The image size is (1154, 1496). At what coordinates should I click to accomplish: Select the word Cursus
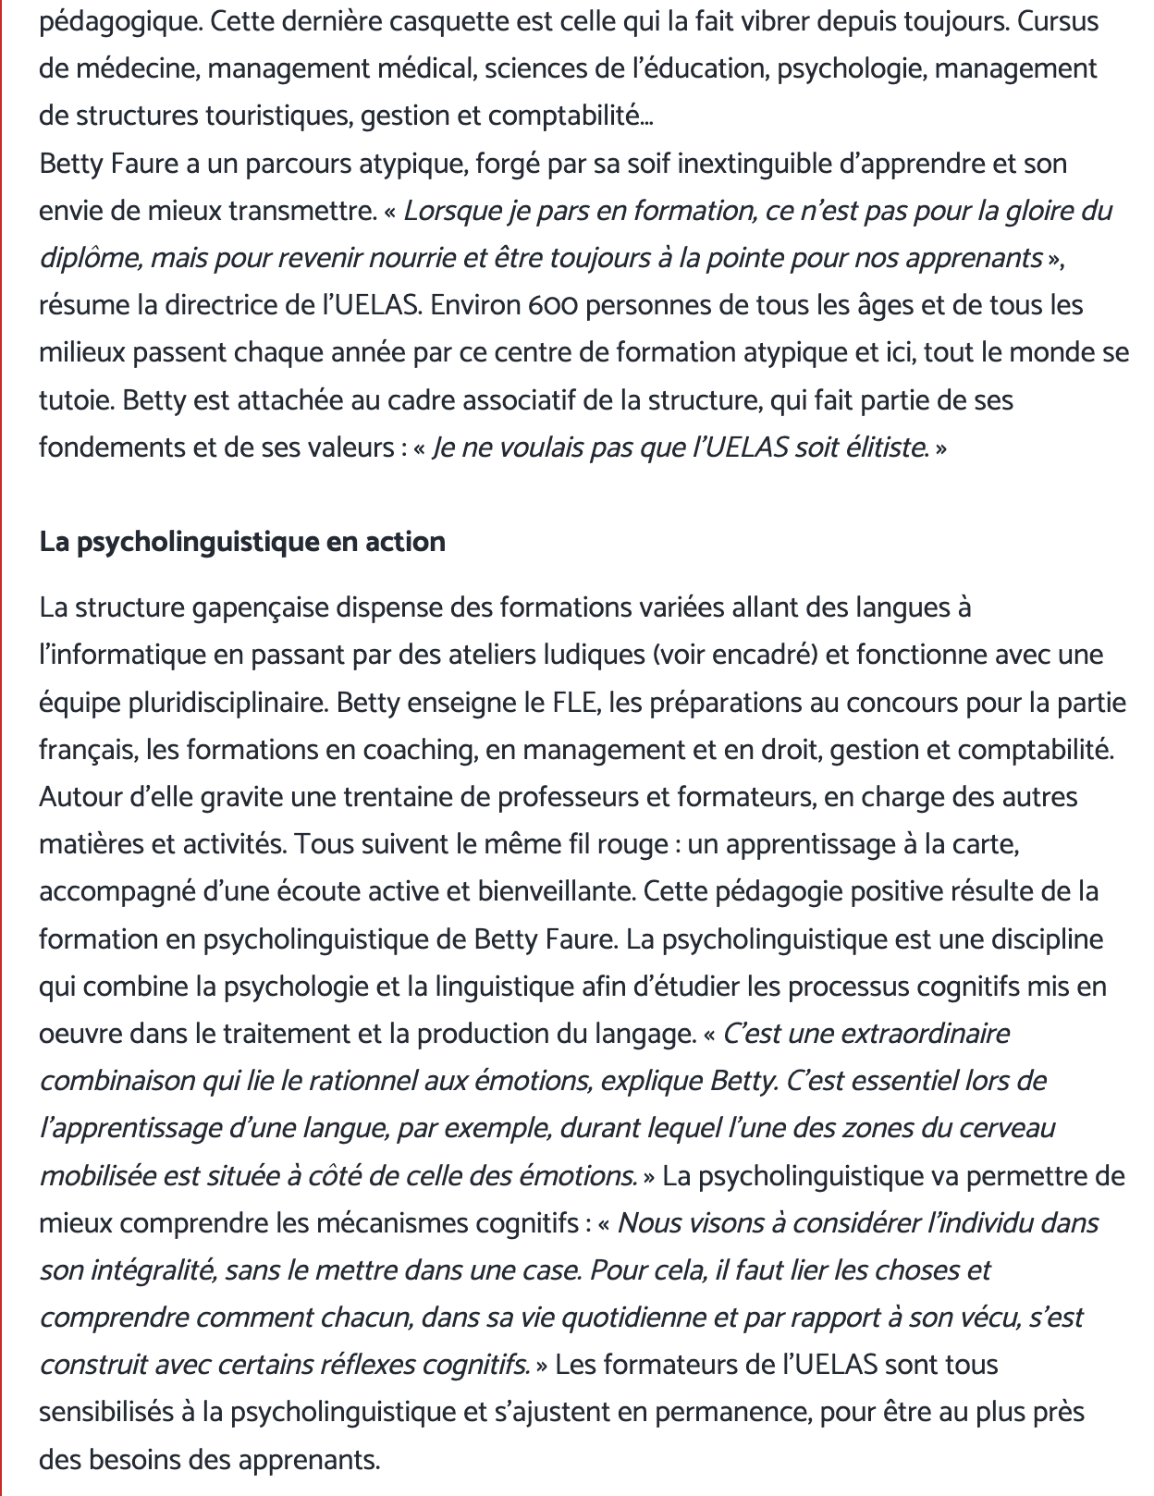(1058, 21)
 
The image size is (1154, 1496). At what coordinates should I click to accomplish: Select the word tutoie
(75, 400)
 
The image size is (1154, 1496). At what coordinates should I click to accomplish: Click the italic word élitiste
(886, 448)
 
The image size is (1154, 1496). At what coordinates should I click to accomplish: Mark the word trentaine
(374, 797)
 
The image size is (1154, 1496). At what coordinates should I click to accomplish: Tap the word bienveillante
(555, 891)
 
